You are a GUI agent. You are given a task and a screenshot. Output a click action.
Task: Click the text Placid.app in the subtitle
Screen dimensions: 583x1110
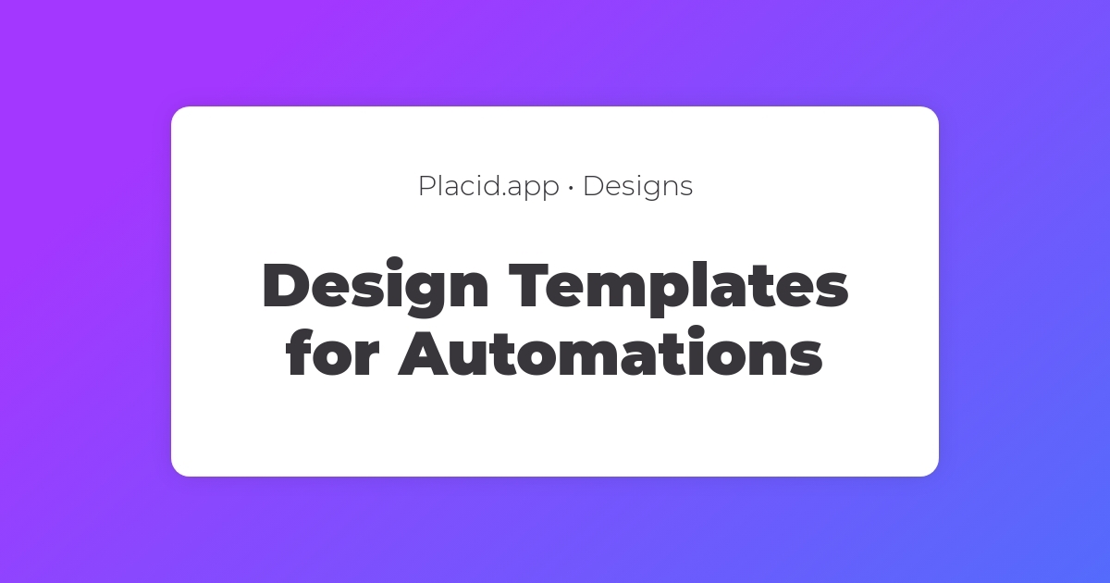[x=488, y=186]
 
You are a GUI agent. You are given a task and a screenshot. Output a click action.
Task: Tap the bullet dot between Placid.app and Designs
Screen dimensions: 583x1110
[x=571, y=188]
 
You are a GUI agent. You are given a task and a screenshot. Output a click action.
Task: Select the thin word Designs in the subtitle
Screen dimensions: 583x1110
[x=637, y=186]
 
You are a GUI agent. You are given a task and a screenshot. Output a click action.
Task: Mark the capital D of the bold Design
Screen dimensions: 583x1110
[x=288, y=286]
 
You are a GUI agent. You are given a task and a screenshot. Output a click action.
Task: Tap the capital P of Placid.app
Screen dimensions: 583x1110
[x=426, y=186]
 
